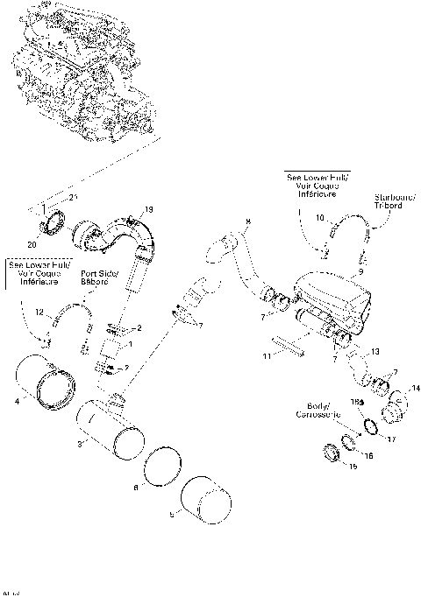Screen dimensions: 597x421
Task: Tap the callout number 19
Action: coord(148,209)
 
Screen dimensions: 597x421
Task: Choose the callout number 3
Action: coord(82,446)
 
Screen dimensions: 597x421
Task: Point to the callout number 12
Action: coord(39,313)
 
